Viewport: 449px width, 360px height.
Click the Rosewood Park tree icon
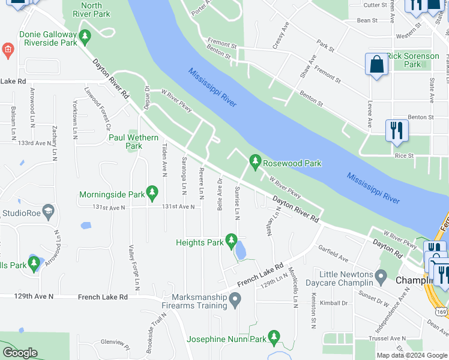pos(255,161)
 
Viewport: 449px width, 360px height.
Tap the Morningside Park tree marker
pos(152,193)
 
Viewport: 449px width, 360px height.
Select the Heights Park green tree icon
pos(232,242)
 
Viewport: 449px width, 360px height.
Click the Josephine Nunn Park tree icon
pos(274,337)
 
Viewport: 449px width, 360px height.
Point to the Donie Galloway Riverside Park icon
pos(85,37)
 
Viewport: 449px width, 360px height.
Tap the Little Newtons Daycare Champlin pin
pos(380,278)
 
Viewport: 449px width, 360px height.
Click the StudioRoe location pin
pos(49,211)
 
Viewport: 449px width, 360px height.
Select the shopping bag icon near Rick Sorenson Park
pos(376,65)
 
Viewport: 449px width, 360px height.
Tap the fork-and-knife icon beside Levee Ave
pos(397,131)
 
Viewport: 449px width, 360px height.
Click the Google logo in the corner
pos(20,353)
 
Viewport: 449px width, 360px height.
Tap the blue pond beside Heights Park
pos(240,251)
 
